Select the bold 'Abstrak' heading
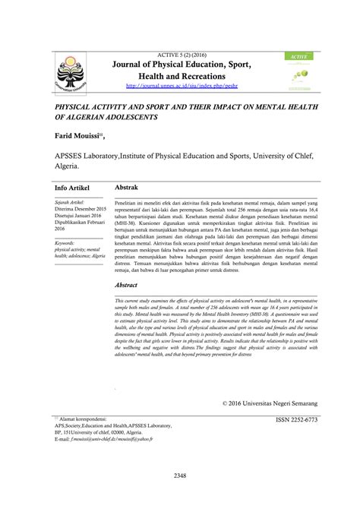click(x=127, y=185)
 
